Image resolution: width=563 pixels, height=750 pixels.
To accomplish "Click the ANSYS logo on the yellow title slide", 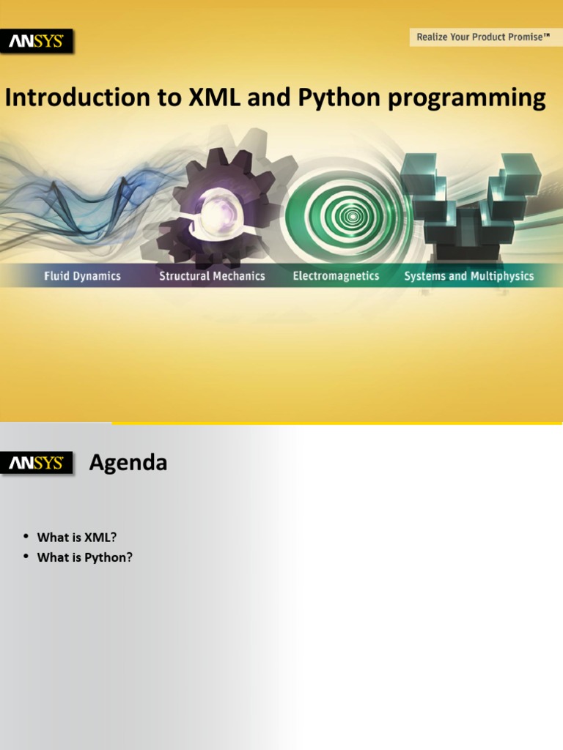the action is click(37, 41).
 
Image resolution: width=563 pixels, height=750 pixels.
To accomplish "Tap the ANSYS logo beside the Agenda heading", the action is click(37, 463).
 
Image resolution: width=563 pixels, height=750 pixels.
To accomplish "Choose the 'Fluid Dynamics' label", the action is click(82, 276).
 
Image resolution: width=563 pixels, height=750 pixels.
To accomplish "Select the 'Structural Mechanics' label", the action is click(212, 276).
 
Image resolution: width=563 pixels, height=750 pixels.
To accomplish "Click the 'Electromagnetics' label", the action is click(336, 276).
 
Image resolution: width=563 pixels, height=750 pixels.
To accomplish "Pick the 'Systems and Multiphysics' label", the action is click(469, 276).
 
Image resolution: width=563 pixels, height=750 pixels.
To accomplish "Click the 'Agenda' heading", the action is click(128, 463).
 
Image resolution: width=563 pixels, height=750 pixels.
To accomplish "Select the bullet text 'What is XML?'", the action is click(77, 537).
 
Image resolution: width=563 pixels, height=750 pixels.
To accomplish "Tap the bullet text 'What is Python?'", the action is click(85, 557).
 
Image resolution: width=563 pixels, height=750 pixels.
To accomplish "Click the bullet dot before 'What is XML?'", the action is click(26, 536).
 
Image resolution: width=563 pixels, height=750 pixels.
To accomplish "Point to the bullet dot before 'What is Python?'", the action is click(26, 557).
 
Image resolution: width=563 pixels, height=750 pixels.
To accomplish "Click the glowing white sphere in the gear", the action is click(218, 214).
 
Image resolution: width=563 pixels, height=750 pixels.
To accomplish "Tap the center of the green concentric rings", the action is click(353, 216).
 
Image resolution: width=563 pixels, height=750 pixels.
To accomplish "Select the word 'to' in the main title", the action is click(169, 98).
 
